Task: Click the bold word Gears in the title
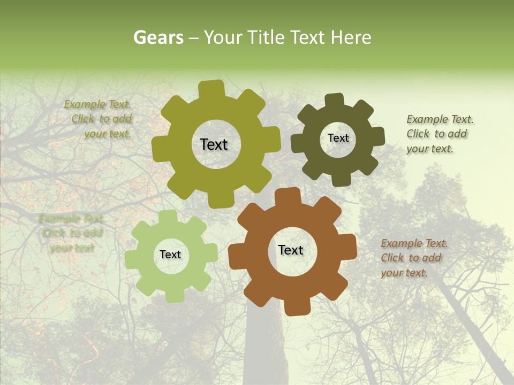(x=158, y=37)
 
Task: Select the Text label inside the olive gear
(x=214, y=144)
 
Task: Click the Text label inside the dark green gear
(x=338, y=138)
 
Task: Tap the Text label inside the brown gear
(x=291, y=250)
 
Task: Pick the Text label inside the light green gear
(x=170, y=255)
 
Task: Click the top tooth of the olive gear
(x=211, y=89)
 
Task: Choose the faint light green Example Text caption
(x=72, y=233)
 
